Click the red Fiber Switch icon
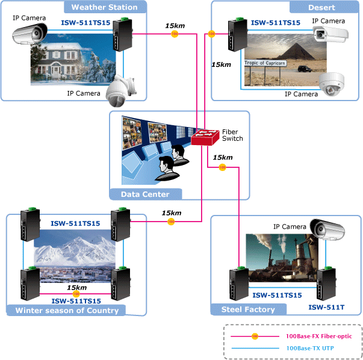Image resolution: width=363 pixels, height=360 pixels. tap(205, 137)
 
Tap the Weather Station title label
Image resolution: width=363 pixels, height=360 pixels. tap(104, 7)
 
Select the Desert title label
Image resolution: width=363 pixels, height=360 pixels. tap(321, 8)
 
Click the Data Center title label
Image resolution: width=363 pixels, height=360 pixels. tap(145, 194)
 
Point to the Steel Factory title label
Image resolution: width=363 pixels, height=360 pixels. tap(248, 309)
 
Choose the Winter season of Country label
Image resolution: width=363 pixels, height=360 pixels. tap(67, 310)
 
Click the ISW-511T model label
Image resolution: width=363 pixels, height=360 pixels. tap(326, 307)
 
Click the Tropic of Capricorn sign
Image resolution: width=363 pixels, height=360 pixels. tap(265, 63)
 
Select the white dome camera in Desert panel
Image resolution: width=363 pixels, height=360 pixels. tap(332, 84)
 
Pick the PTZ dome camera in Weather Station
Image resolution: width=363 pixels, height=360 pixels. tap(121, 91)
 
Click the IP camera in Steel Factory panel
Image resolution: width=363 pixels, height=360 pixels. tap(327, 229)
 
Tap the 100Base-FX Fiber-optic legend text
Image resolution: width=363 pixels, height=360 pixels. tap(319, 336)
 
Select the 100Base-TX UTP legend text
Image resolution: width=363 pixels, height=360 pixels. tap(310, 348)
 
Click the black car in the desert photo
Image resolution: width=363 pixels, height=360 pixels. tap(304, 69)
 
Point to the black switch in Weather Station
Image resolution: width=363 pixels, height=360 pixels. tap(122, 34)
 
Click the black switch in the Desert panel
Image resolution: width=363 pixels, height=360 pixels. tap(238, 34)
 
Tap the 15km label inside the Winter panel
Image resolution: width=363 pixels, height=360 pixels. tap(77, 288)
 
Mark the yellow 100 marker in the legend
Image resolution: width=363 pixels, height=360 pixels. tap(255, 336)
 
